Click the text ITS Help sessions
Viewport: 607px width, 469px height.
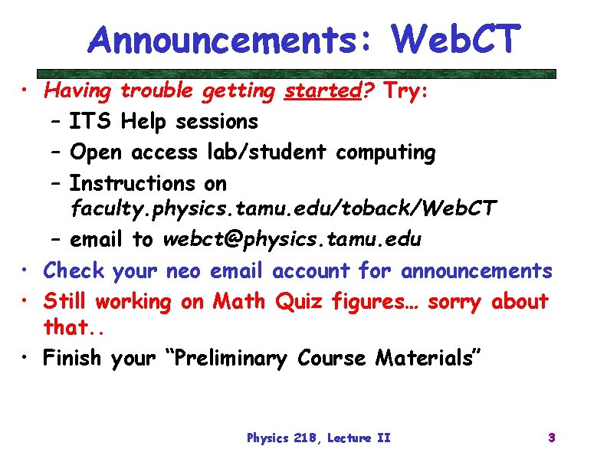coord(163,122)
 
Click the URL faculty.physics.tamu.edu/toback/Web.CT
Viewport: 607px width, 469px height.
coord(284,208)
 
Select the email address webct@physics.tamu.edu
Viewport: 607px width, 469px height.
coord(291,240)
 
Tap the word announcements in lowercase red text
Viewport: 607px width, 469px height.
coord(476,271)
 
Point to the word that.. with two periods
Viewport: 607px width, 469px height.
coord(68,328)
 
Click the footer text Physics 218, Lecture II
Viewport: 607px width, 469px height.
coord(318,438)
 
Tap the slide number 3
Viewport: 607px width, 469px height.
coord(551,438)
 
